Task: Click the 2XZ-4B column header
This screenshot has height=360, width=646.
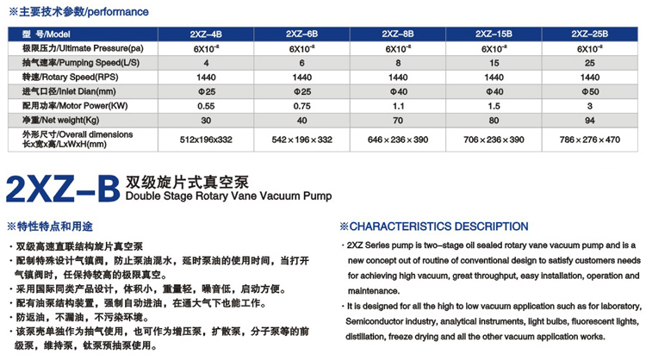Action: pyautogui.click(x=206, y=34)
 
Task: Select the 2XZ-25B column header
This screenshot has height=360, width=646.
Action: pyautogui.click(x=590, y=34)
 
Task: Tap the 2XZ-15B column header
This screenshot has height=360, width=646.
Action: pyautogui.click(x=494, y=34)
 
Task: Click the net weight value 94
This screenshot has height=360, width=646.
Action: pyautogui.click(x=589, y=120)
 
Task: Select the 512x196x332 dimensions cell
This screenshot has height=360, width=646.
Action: pyautogui.click(x=206, y=139)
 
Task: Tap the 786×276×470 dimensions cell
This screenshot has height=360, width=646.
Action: pyautogui.click(x=589, y=139)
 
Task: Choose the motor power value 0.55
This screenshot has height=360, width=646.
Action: pyautogui.click(x=206, y=105)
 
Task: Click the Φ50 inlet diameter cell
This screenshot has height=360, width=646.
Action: pyautogui.click(x=589, y=90)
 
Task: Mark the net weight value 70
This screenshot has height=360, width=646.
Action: pyautogui.click(x=398, y=120)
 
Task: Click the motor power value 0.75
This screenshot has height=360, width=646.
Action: pyautogui.click(x=301, y=105)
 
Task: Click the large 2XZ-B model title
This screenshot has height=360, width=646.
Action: pyautogui.click(x=60, y=187)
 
